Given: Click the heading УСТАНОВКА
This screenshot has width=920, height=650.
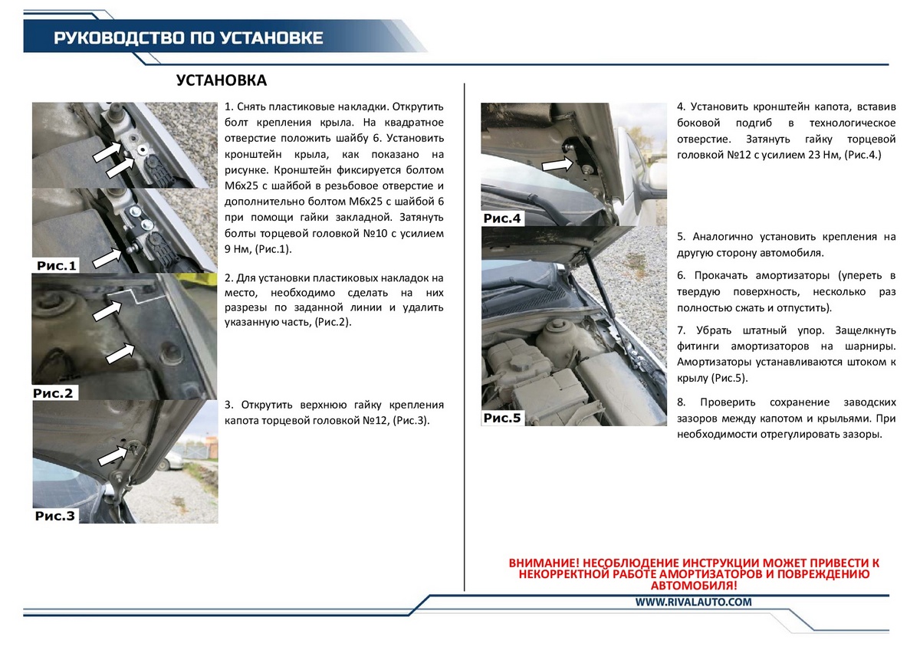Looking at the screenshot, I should pos(222,81).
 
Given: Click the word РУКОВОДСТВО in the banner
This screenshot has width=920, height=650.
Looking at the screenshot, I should pos(99,38).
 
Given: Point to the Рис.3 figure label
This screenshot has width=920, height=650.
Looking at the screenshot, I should pos(55,516).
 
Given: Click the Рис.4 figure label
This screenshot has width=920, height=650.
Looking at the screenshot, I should pos(502,219).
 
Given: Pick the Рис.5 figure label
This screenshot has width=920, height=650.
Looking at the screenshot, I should pos(502,418).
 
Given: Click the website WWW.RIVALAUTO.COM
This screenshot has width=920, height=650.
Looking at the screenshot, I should pos(693,602).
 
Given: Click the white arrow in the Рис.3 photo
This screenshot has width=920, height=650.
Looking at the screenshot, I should pos(115,456).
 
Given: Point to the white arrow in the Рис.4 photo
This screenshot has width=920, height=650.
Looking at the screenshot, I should pos(557,165).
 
